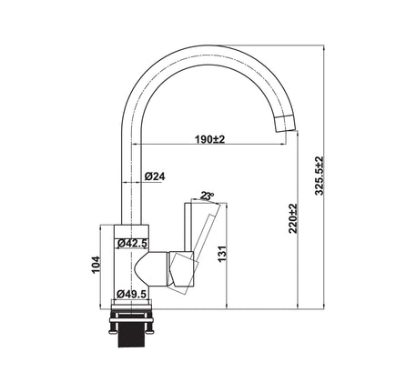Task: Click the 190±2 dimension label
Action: pyautogui.click(x=210, y=138)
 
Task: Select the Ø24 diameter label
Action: pyautogui.click(x=154, y=176)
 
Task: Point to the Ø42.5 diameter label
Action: pyautogui.click(x=132, y=243)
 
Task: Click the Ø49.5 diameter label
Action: pyautogui.click(x=132, y=293)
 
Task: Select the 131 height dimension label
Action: pyautogui.click(x=224, y=256)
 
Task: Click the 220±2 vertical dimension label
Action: pyautogui.click(x=293, y=219)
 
